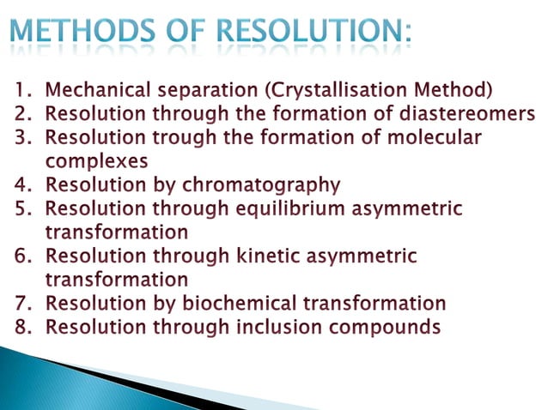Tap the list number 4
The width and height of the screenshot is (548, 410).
[20, 184]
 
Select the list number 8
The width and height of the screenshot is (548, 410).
[20, 327]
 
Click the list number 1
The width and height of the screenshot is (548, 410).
[20, 89]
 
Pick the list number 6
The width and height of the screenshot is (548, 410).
[20, 256]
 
